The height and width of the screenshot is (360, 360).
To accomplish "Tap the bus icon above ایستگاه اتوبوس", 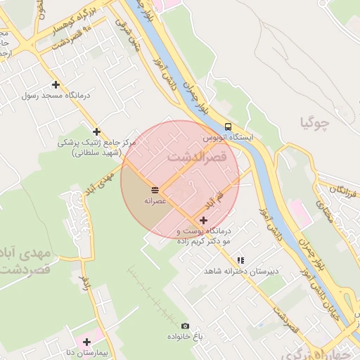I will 226,127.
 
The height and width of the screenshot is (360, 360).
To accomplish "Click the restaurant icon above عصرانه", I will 155,190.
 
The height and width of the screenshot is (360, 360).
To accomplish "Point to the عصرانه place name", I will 155,201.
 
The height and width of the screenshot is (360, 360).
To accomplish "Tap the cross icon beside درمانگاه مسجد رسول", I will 56,84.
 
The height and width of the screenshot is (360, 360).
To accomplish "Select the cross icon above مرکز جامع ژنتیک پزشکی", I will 96,131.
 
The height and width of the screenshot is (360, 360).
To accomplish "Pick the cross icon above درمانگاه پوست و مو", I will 204,221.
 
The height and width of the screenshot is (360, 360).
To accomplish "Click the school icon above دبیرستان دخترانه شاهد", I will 241,259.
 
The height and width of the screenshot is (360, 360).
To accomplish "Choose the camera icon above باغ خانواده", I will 185,326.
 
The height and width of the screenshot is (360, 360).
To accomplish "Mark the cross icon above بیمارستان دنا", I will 86,342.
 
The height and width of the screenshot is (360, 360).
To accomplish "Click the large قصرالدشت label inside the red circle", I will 197,157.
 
